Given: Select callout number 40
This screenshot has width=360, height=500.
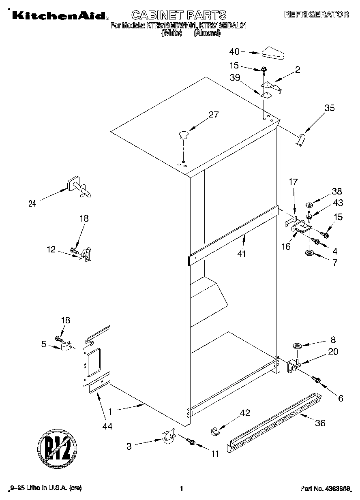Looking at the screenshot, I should point(234,51).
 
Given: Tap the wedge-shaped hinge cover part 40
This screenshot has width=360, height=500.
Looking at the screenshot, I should point(273,53).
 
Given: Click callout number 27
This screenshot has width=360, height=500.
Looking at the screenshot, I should point(213,115).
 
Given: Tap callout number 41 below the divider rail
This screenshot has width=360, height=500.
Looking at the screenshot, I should point(243,254).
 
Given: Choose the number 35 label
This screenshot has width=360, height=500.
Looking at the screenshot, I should point(330,108).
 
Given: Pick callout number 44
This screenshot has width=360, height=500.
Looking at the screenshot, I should point(107,426).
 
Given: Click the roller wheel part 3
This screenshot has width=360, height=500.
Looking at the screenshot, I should point(167,438).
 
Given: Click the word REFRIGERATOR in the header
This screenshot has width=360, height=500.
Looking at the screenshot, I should point(316,15).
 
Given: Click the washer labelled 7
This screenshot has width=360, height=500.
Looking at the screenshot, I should point(310,253).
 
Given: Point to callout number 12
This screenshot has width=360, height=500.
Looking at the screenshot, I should point(51,250).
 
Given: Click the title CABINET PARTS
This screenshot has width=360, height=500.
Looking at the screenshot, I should point(179,15).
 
